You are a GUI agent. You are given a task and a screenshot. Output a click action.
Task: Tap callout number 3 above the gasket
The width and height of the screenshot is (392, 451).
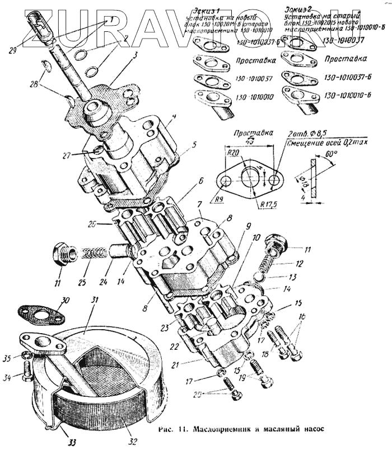134,56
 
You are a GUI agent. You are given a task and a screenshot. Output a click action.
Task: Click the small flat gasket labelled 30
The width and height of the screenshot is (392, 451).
40,314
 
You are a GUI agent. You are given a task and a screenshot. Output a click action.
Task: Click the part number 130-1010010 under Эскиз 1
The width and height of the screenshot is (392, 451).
255,97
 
